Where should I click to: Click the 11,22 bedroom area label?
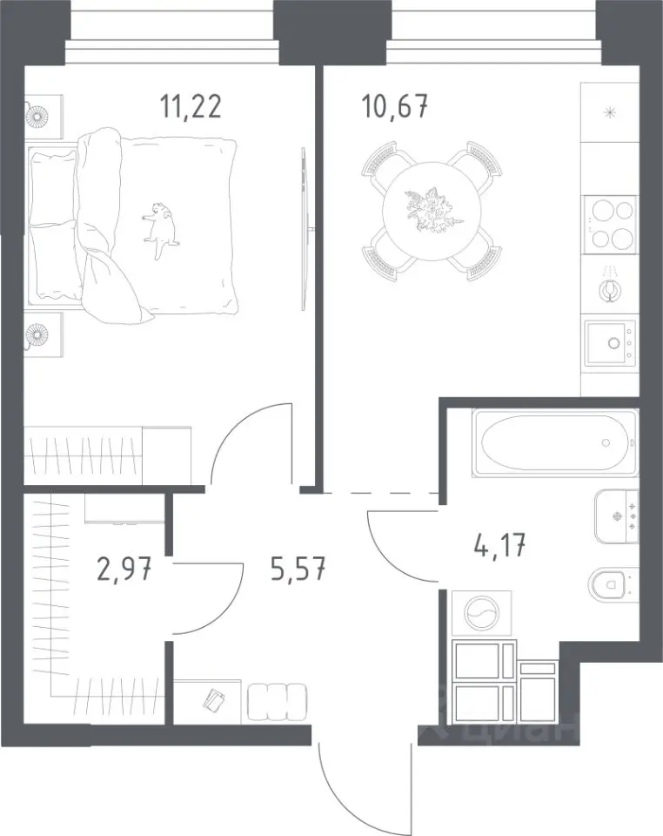pyautogui.click(x=191, y=107)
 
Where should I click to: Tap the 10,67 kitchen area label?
pyautogui.click(x=395, y=107)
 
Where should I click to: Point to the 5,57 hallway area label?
pyautogui.click(x=298, y=569)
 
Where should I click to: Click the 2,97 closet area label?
pyautogui.click(x=124, y=569)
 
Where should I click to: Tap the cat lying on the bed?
pyautogui.click(x=160, y=228)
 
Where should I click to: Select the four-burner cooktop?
pyautogui.click(x=610, y=223)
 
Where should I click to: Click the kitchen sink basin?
pyautogui.click(x=611, y=343)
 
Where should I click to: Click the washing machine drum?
pyautogui.click(x=481, y=614)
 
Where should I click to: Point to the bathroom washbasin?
pyautogui.click(x=616, y=516)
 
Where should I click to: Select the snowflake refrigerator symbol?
pyautogui.click(x=609, y=112)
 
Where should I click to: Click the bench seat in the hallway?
pyautogui.click(x=277, y=702)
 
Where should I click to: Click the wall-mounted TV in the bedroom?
pyautogui.click(x=304, y=229)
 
